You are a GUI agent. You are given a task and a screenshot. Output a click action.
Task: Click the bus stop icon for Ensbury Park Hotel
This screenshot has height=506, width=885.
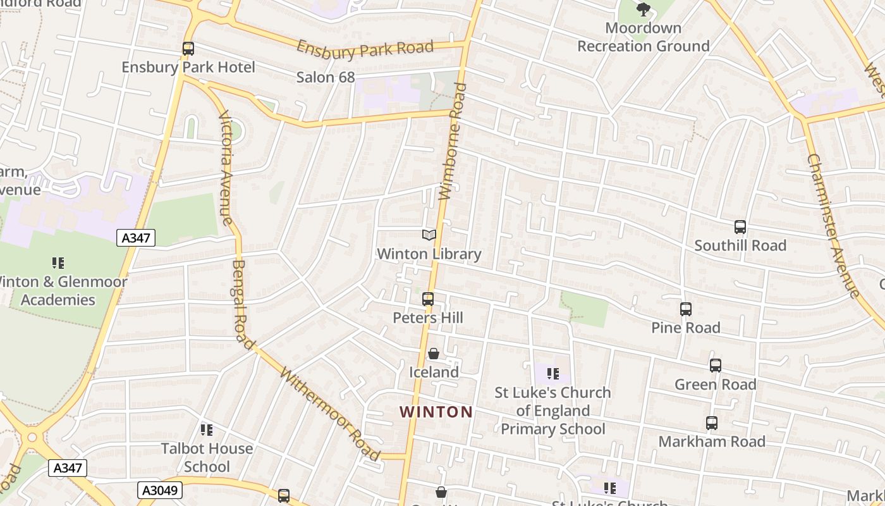[x=188, y=48]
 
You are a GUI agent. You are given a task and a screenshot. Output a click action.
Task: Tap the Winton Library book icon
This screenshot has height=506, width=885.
[x=429, y=235]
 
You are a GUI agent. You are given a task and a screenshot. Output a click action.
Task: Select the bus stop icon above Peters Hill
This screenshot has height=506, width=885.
[x=428, y=299]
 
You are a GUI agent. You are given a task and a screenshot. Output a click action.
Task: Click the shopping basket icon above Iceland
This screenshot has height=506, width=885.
[x=434, y=354]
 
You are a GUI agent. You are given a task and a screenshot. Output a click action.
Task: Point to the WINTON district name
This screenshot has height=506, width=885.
[x=436, y=412]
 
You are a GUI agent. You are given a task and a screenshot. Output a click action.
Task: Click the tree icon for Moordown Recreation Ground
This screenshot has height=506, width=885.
[x=643, y=9]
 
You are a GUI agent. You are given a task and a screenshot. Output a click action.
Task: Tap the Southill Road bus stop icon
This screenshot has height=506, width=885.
[x=740, y=227]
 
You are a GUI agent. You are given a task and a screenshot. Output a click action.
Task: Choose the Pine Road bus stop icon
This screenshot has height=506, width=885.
[x=686, y=309]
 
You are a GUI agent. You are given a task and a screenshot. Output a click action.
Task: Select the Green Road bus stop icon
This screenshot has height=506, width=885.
[x=715, y=366]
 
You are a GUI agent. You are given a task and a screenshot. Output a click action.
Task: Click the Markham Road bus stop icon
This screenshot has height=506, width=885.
[x=712, y=423]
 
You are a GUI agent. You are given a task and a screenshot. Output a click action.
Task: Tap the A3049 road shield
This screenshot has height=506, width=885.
[x=160, y=490]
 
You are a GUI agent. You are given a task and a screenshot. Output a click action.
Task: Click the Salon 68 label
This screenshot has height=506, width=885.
[x=326, y=77]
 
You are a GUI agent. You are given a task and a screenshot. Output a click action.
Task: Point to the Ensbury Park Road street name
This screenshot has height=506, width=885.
[x=365, y=49]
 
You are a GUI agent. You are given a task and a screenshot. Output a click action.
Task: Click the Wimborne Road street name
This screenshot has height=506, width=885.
[x=453, y=142]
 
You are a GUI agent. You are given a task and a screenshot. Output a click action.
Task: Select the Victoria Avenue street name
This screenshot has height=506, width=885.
[x=226, y=168]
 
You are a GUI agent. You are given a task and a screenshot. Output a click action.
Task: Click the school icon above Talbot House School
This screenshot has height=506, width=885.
[x=207, y=430]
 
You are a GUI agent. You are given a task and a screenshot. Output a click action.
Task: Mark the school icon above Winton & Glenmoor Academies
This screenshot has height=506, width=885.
[x=58, y=263]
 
